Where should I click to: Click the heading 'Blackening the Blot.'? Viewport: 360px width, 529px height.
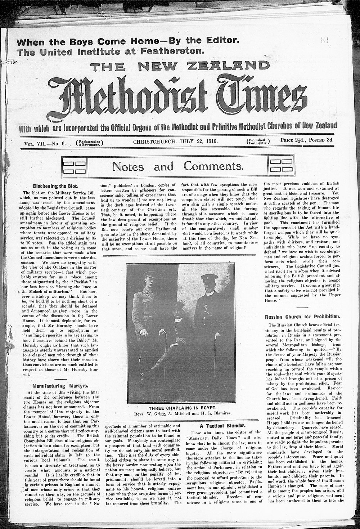pyautogui.click(x=52, y=187)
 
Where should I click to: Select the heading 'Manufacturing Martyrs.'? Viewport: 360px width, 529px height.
pyautogui.click(x=53, y=385)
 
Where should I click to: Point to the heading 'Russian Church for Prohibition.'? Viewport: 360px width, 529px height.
pyautogui.click(x=302, y=317)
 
